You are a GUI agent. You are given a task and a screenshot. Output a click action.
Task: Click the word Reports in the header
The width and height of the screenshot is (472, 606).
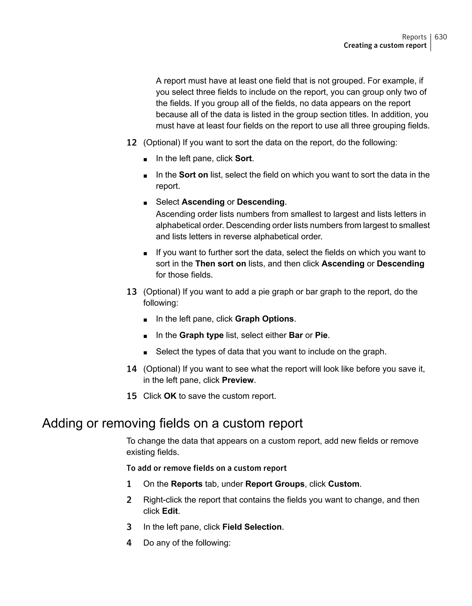(x=414, y=37)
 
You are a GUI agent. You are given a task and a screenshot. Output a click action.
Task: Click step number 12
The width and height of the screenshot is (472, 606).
(x=131, y=143)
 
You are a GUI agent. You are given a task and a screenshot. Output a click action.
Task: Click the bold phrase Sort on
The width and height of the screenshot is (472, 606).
(x=193, y=175)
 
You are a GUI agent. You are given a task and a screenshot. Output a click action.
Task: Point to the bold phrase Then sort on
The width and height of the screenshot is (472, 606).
(x=220, y=264)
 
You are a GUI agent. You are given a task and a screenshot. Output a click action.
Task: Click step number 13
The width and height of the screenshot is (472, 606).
(x=131, y=292)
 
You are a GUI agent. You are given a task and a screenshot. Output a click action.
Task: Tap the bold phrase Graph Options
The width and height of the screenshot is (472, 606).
(x=264, y=319)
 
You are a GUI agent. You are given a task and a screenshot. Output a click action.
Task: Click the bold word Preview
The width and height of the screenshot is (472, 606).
(x=238, y=380)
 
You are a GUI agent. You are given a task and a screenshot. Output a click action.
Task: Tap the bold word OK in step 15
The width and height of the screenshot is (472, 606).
(x=170, y=396)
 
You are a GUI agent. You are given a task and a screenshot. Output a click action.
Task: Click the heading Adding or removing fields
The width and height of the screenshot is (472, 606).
(x=172, y=423)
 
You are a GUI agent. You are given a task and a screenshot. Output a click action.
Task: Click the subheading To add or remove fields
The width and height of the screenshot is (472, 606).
(x=206, y=468)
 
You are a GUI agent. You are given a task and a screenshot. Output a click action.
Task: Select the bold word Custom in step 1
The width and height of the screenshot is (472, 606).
(x=344, y=484)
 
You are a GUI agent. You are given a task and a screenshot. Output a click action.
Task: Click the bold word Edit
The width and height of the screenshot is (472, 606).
(x=170, y=511)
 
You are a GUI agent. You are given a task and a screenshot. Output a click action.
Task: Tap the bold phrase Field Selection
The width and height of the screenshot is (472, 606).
(x=252, y=527)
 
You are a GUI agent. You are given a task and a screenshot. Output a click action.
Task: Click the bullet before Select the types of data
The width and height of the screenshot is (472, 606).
(x=145, y=352)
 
